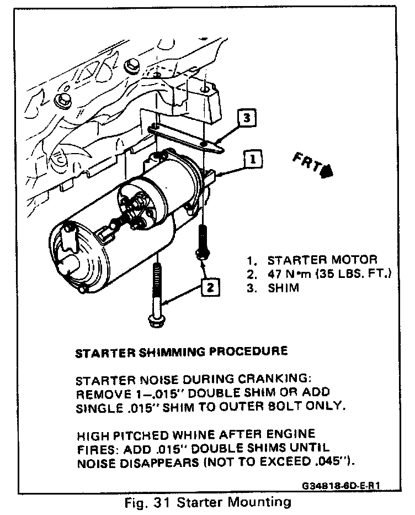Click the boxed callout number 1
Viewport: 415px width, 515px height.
(x=251, y=160)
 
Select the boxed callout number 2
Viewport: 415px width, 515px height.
(x=210, y=287)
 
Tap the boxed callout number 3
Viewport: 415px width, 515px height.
(x=247, y=118)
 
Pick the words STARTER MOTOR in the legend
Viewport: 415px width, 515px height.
(x=322, y=260)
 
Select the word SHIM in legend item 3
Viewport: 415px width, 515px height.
(x=283, y=288)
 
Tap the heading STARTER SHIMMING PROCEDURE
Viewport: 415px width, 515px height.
(x=181, y=351)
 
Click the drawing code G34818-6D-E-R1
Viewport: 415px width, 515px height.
(x=342, y=487)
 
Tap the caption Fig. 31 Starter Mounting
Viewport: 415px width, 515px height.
(x=208, y=502)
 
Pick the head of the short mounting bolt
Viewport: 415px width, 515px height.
(x=201, y=254)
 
